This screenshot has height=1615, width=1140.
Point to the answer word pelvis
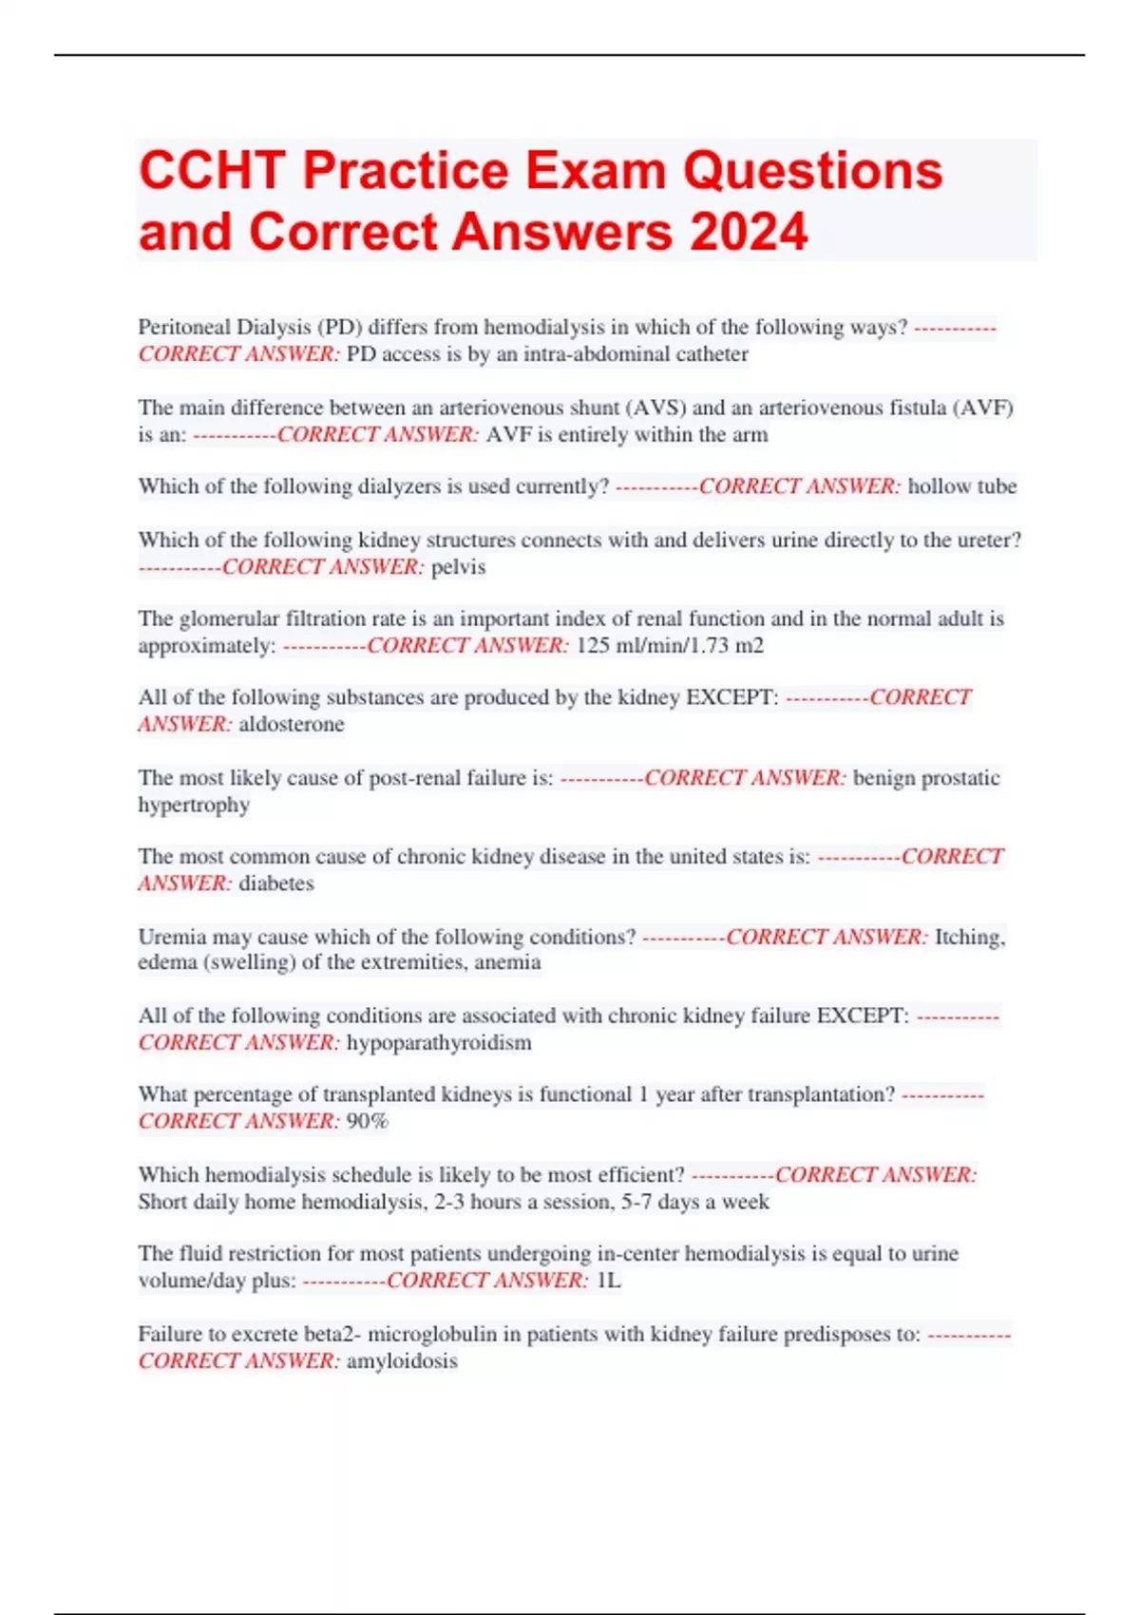pos(458,567)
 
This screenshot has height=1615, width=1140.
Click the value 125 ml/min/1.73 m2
pos(670,646)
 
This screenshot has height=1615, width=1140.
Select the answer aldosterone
pos(292,725)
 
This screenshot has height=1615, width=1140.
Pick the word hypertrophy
pos(194,805)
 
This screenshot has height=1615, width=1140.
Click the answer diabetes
pos(276,883)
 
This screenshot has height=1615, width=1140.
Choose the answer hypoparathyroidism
pos(439,1043)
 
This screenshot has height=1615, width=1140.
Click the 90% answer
pos(368,1122)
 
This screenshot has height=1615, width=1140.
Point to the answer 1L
pos(608,1281)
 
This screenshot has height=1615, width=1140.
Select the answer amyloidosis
pos(402,1361)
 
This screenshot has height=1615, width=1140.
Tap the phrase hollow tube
pos(961,486)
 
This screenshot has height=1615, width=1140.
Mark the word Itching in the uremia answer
pos(969,937)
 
